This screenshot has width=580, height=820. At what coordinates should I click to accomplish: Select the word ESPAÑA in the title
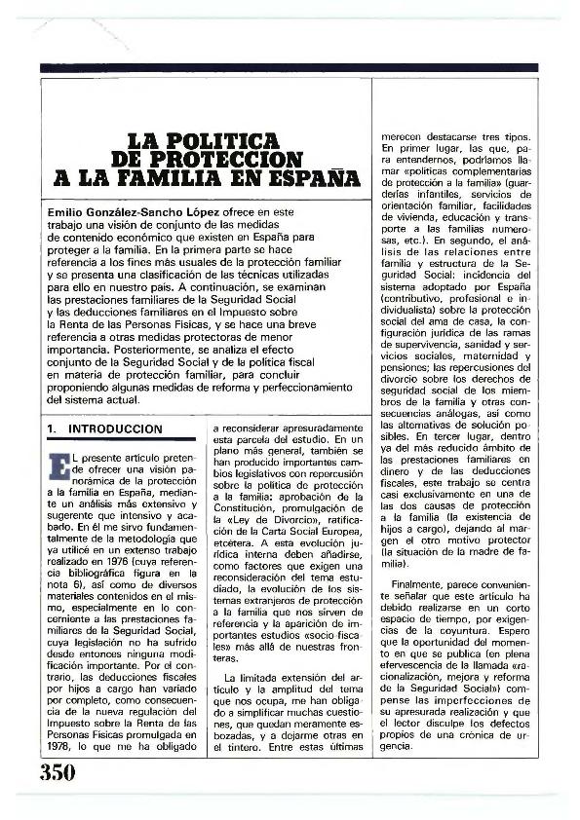point(303,178)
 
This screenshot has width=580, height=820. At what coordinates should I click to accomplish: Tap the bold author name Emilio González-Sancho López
point(140,211)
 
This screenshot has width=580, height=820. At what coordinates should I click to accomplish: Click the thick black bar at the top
point(289,67)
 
